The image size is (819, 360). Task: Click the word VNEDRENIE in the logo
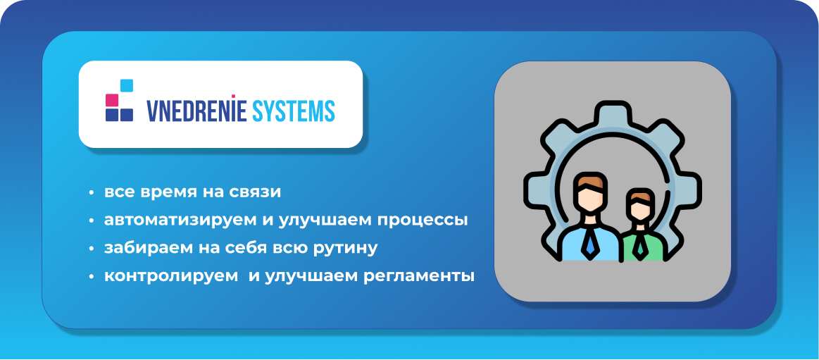196,111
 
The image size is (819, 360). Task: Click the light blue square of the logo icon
127,85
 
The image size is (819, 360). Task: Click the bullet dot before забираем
92,249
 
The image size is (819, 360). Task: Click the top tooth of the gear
612,111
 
